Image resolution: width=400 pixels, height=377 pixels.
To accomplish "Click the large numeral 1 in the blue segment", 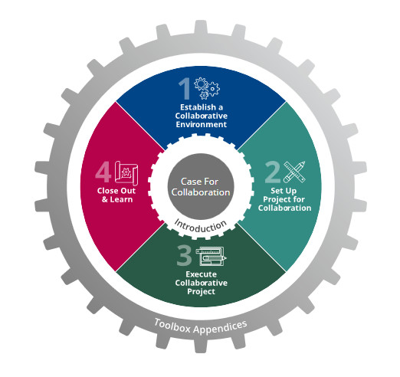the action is [x=185, y=89].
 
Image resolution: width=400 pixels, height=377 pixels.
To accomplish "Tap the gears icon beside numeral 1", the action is [x=207, y=88].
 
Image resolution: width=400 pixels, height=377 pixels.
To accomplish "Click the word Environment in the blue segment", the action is [x=202, y=125].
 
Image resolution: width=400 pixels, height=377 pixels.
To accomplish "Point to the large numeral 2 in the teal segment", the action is [x=273, y=172].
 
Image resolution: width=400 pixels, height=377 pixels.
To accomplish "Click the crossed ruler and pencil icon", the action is [x=294, y=172].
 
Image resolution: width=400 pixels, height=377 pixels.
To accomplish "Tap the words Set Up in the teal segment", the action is [x=284, y=191].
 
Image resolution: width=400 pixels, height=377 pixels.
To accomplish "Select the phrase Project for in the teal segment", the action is [x=284, y=199].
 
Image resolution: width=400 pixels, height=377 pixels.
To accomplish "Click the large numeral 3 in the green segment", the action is [x=184, y=255].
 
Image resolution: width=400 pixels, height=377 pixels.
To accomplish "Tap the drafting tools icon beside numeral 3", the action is [x=211, y=257].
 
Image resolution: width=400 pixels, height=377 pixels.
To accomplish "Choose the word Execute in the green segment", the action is [x=202, y=274].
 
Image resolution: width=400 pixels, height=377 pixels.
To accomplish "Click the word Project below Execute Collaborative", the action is [x=202, y=292].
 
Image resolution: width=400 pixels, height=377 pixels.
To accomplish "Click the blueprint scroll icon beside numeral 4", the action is [x=126, y=173].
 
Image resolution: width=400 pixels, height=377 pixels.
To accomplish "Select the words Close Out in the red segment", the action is [x=116, y=191].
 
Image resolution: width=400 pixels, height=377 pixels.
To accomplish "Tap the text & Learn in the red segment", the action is [x=117, y=199].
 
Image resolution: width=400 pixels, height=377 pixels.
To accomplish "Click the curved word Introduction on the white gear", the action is [x=200, y=226].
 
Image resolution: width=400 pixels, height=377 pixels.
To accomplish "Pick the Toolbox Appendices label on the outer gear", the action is [x=201, y=327].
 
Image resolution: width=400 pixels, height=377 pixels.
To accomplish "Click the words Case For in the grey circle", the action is [x=199, y=182].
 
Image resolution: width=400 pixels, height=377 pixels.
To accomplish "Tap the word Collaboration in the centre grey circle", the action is [x=201, y=192].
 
